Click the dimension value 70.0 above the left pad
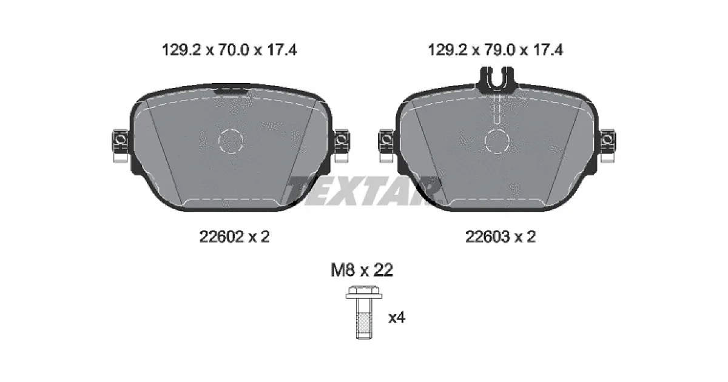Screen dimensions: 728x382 [x=234, y=50]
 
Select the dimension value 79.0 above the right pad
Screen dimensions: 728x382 [x=499, y=50]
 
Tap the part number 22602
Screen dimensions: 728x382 [x=221, y=237]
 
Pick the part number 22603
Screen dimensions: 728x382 [x=488, y=237]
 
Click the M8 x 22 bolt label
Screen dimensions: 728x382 [x=362, y=270]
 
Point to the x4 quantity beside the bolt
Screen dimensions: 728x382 [x=397, y=317]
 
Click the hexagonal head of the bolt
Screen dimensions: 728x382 [x=363, y=292]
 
